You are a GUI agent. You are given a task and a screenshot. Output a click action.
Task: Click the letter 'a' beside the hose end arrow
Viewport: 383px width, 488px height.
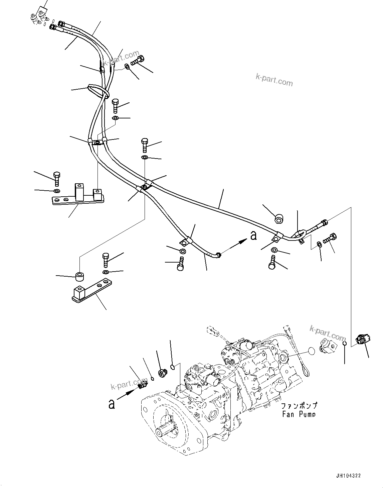[x=253, y=236]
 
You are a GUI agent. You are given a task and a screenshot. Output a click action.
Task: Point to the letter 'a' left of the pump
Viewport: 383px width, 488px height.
[x=112, y=404]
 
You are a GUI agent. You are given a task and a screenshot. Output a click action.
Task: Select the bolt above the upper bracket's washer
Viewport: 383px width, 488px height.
[x=56, y=179]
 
